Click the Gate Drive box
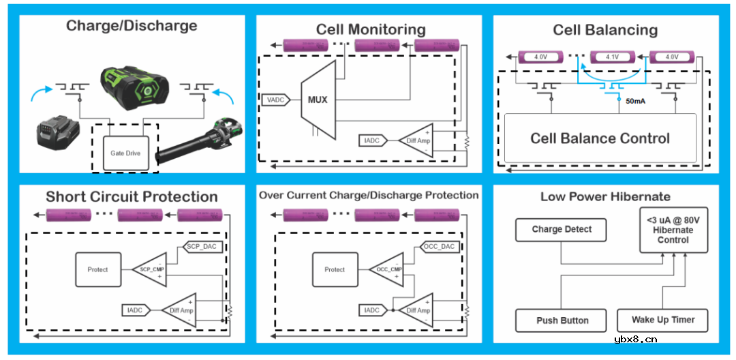click(125, 153)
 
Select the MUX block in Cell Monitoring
click(318, 100)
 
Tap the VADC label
click(275, 100)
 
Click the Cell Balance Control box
click(600, 138)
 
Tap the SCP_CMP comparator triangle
click(151, 269)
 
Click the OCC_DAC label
click(440, 246)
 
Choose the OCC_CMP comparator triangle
click(388, 269)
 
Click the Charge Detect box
click(562, 230)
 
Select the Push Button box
click(562, 320)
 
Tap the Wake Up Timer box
click(662, 320)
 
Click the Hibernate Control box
click(673, 230)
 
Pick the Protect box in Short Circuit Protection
click(97, 269)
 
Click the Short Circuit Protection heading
click(132, 197)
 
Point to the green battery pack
click(133, 87)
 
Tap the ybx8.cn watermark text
click(635, 339)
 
